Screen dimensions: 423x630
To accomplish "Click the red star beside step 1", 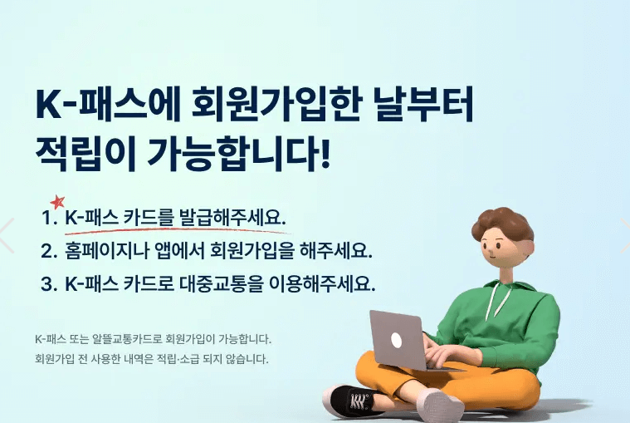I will coord(57,202).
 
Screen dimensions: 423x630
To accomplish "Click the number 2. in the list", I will coord(48,250).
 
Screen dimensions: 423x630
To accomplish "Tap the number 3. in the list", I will coord(48,283).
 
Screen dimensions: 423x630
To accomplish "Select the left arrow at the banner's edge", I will coord(7,235).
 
